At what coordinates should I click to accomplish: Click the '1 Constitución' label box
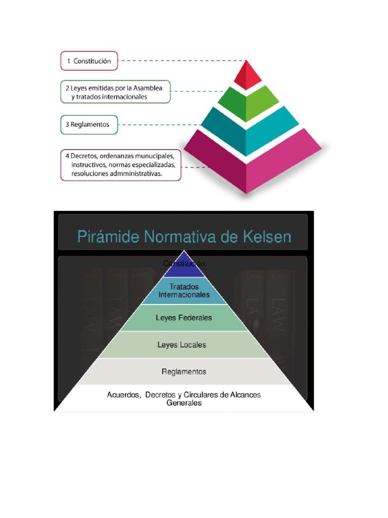click(89, 61)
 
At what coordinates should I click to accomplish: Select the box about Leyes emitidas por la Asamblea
click(115, 92)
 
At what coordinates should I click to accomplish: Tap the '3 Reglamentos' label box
click(89, 124)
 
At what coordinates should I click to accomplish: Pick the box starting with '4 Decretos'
click(121, 164)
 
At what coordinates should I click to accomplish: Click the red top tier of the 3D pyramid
click(247, 75)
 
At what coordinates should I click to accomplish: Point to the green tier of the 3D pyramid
click(247, 103)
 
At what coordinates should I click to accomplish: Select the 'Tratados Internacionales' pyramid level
click(184, 290)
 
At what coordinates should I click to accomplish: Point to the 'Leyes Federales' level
click(184, 318)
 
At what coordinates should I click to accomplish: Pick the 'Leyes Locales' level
click(182, 345)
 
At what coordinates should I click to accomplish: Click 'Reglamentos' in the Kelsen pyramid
click(184, 372)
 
